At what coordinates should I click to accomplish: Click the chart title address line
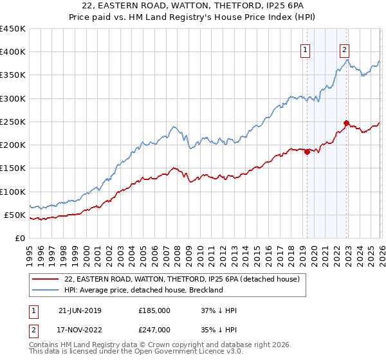coord(193,6)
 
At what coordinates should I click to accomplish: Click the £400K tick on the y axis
coord(13,52)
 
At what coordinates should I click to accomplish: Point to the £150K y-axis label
coord(13,168)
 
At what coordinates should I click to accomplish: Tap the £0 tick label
coord(20,238)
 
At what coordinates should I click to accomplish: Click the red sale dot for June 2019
coord(307,152)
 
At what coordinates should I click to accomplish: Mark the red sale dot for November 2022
coord(346,123)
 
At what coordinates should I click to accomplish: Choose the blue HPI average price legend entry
coord(143,290)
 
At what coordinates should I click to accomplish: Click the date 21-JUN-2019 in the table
coord(80,310)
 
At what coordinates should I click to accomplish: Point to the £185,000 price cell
coord(154,310)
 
